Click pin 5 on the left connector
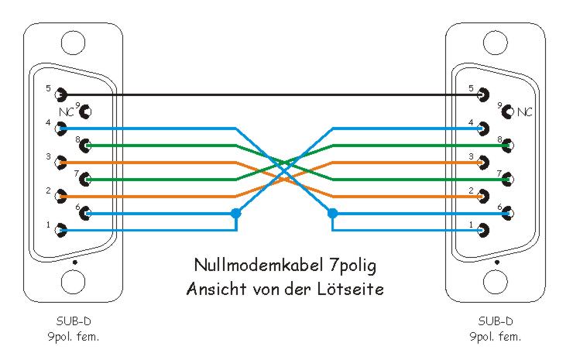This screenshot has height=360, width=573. (60, 94)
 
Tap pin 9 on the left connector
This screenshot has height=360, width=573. (86, 111)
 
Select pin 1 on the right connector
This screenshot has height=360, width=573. (484, 230)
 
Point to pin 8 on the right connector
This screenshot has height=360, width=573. (509, 145)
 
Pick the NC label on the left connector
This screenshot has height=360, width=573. (67, 112)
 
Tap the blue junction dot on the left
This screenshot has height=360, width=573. (236, 213)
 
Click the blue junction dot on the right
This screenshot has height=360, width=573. (333, 213)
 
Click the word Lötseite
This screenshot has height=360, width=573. (355, 289)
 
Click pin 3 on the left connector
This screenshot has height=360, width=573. (60, 162)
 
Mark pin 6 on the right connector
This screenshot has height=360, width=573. (509, 213)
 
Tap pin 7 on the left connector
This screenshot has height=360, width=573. (86, 179)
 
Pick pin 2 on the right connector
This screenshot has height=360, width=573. (484, 196)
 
